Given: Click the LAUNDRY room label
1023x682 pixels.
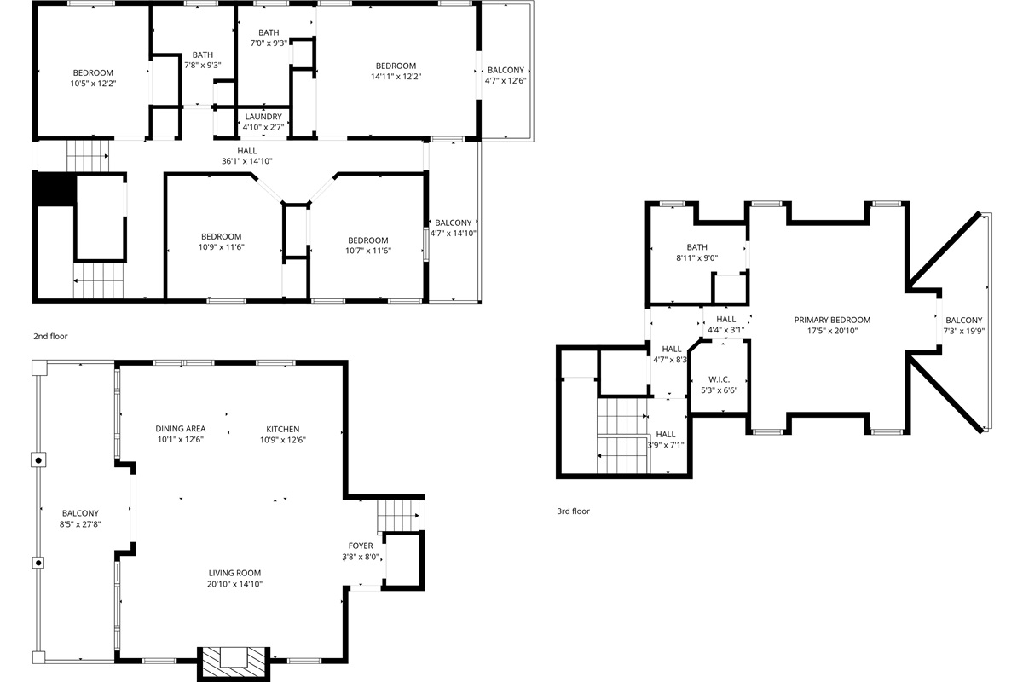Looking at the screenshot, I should click(263, 117).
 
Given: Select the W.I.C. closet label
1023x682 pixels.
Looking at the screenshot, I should click(719, 379).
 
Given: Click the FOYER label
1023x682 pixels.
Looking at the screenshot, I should click(361, 546).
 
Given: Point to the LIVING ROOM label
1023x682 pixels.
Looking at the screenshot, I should click(234, 573).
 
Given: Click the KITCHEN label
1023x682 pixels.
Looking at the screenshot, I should click(283, 429).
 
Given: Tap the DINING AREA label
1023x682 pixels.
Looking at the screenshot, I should click(180, 429).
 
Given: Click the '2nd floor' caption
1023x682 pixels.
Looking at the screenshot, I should click(50, 337).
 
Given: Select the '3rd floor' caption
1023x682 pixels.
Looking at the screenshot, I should click(572, 511).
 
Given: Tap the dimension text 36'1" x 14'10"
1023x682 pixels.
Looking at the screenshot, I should click(247, 161).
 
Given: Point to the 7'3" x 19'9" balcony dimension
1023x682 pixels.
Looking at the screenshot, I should click(963, 332).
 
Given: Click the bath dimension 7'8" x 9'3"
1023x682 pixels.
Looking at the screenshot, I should click(203, 65).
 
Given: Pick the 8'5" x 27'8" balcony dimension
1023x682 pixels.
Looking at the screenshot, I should click(80, 524).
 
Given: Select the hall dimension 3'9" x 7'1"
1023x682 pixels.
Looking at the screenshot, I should click(666, 445).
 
